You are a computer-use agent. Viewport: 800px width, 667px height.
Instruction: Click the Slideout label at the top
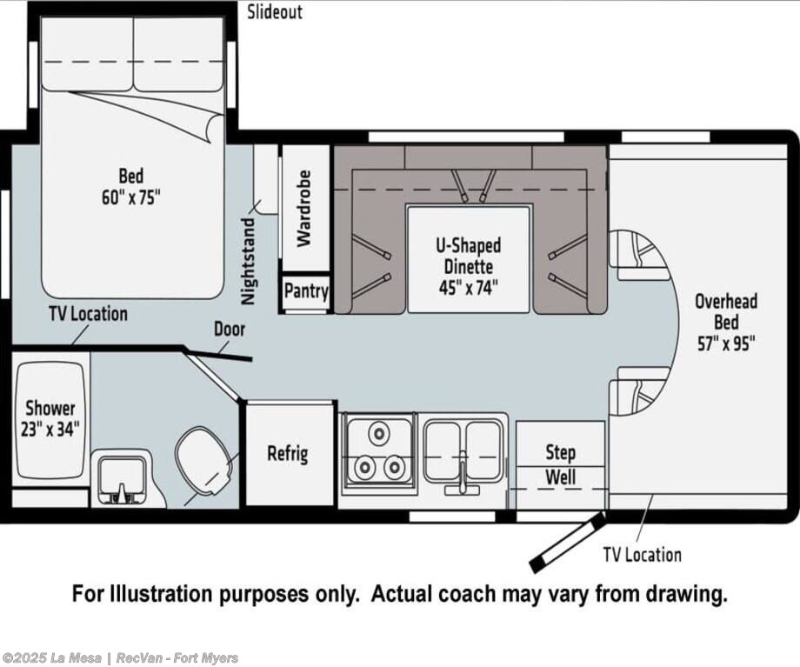point(275,12)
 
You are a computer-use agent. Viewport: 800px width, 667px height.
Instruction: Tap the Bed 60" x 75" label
point(131,186)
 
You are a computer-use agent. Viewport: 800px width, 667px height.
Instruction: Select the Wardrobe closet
point(306,208)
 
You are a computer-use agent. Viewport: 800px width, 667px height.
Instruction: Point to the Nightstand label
point(248,262)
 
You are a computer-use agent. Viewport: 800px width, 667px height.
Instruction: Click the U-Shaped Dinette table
point(469,259)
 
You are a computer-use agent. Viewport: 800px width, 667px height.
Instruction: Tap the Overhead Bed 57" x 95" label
point(726,323)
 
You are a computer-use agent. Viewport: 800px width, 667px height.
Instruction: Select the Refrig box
point(289,454)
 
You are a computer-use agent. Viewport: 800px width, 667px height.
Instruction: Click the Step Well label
point(560,465)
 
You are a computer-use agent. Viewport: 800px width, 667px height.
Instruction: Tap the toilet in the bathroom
point(205,463)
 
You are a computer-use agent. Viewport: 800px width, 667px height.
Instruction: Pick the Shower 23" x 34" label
point(50,418)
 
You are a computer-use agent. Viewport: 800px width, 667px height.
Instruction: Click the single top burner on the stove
point(379,433)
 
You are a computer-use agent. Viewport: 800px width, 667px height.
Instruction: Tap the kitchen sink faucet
point(463,474)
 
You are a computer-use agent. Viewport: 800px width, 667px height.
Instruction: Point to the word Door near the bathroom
point(230,330)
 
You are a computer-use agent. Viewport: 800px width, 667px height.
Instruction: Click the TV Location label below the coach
point(642,555)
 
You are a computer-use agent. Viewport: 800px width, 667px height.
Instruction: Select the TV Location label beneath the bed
point(89,314)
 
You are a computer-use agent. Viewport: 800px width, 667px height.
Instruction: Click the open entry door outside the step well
point(567,543)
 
